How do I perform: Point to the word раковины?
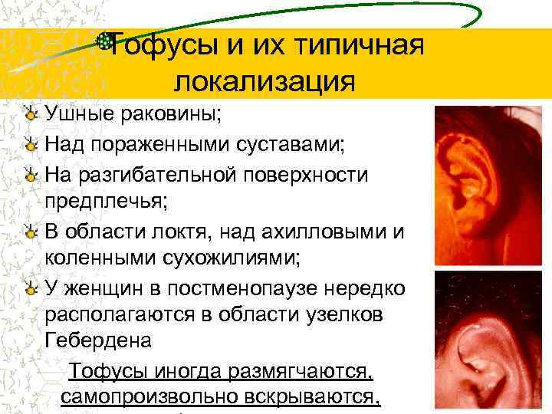[169, 115]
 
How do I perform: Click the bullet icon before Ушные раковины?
[30, 115]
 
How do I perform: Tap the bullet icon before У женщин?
[30, 286]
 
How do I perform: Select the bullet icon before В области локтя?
[30, 229]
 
